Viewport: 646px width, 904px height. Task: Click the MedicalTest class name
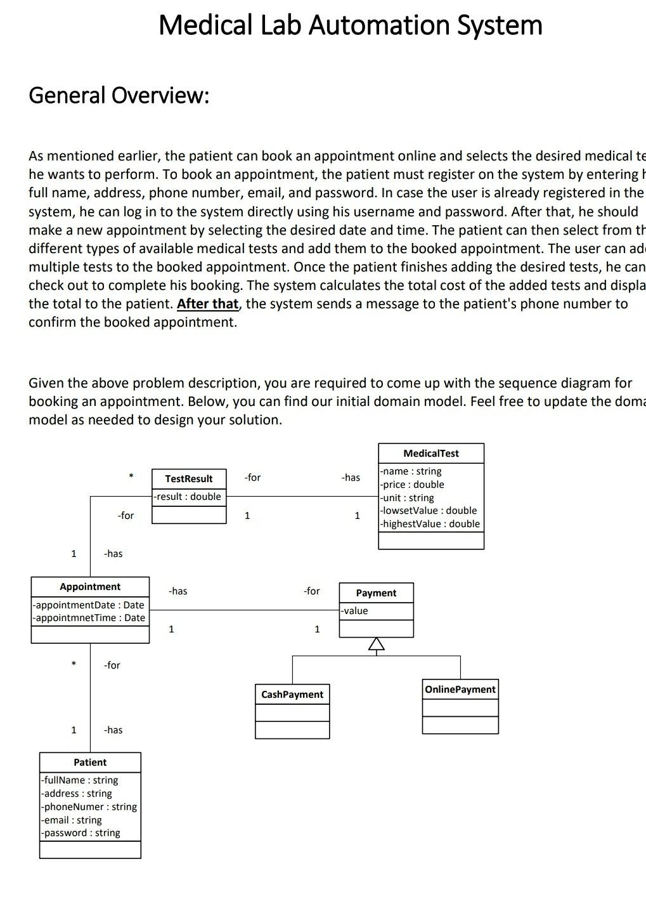click(430, 454)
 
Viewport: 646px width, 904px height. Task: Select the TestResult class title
click(188, 479)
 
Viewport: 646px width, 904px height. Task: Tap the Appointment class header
click(90, 587)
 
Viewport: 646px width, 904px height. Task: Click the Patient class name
click(90, 763)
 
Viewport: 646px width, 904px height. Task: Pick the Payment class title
click(376, 593)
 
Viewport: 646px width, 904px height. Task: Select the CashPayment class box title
click(292, 695)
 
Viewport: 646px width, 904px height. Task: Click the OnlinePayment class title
click(460, 690)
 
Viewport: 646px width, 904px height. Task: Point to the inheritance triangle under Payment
click(377, 645)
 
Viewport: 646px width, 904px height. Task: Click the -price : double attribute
click(412, 485)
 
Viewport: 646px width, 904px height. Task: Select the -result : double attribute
click(187, 497)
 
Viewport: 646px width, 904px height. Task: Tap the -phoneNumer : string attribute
click(89, 807)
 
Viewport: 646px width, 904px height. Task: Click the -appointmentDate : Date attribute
click(89, 605)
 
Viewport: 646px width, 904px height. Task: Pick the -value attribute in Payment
click(354, 611)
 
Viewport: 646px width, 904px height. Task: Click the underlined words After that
click(207, 304)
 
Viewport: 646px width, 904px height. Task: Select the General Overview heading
click(119, 96)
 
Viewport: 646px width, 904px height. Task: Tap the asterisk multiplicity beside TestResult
click(131, 476)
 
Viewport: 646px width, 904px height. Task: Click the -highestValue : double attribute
click(430, 524)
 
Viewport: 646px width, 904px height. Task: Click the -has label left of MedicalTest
click(351, 478)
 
